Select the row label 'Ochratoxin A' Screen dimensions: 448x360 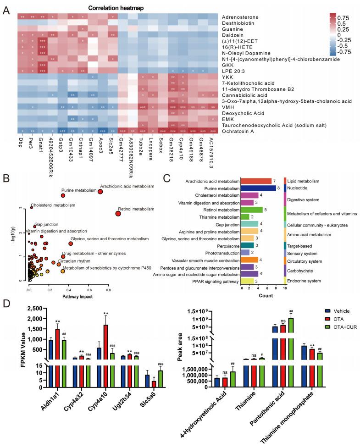click(x=243, y=131)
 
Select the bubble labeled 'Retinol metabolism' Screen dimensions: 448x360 click(x=118, y=201)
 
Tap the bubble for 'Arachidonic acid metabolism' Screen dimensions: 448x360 click(x=100, y=178)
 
